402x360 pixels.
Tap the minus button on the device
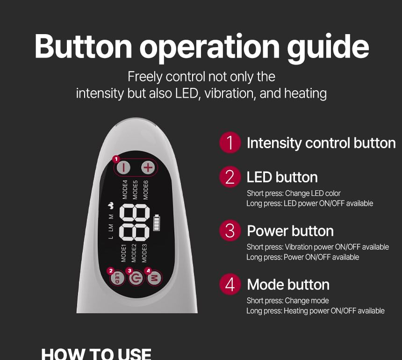(123, 168)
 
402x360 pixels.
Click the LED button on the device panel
(117, 278)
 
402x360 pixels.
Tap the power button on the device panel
(136, 278)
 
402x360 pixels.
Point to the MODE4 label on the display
(125, 190)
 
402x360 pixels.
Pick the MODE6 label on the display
(146, 190)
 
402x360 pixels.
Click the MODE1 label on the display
(123, 253)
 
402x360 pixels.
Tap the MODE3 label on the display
(144, 253)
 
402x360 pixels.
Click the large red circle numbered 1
(230, 143)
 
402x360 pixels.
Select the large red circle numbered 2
(230, 177)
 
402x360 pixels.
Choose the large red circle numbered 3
(230, 230)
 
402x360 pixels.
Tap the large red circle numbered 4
(230, 284)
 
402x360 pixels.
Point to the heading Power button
(290, 231)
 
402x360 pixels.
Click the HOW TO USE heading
(96, 354)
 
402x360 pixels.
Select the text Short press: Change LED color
(294, 194)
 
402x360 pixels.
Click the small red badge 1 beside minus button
(116, 159)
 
